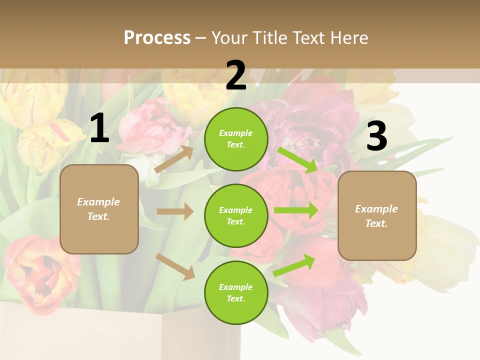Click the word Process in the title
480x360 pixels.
(x=157, y=38)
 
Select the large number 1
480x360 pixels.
(x=99, y=129)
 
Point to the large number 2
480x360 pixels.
(x=236, y=76)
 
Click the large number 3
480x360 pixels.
(x=376, y=137)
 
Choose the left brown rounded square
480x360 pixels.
(x=99, y=209)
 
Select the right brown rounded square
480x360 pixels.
(x=377, y=215)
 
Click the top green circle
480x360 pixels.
(x=236, y=139)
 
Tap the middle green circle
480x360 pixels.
(x=236, y=215)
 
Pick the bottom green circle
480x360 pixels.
(x=236, y=292)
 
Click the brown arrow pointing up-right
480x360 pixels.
(x=174, y=159)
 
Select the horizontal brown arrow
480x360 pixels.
(x=175, y=211)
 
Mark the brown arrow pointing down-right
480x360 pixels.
(x=175, y=266)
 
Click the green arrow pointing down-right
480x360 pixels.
(x=297, y=159)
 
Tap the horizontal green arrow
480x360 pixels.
(x=296, y=210)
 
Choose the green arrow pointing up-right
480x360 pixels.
(x=294, y=264)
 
